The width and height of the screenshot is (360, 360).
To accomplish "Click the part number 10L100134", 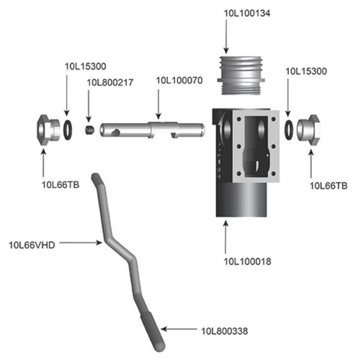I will (247, 13).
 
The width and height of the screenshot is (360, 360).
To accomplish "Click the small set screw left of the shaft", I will (90, 130).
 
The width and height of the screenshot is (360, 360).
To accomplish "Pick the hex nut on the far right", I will (309, 127).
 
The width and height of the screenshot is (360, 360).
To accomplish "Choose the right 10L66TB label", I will (328, 185).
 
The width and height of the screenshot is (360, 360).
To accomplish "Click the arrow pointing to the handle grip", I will (179, 329).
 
